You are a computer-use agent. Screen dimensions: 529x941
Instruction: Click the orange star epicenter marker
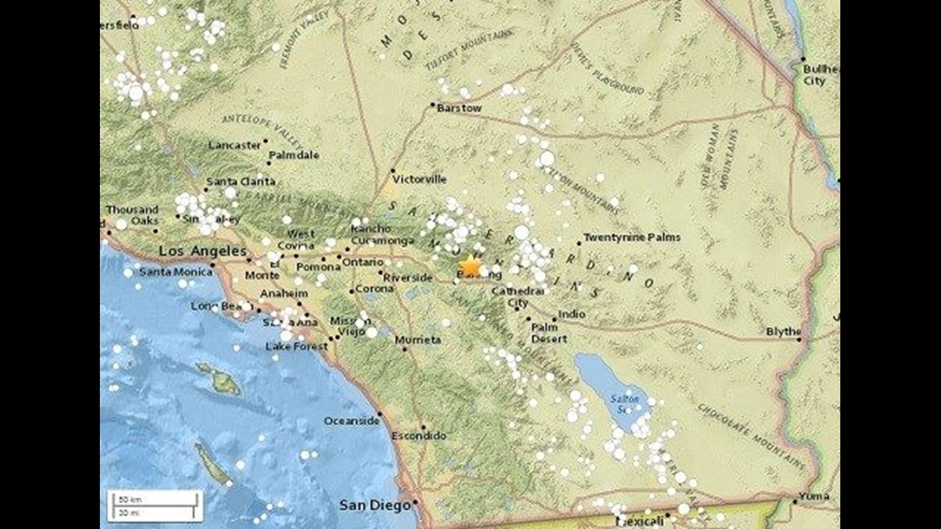point(470,266)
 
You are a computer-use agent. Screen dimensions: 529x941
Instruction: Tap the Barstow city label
point(459,108)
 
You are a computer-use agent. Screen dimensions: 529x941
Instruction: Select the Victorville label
point(419,179)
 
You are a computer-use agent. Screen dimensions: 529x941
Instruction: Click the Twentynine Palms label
point(631,238)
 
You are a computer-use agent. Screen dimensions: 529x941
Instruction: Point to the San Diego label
point(375,504)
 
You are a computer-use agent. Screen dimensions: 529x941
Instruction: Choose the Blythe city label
point(783,332)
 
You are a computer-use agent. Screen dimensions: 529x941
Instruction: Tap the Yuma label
point(813,497)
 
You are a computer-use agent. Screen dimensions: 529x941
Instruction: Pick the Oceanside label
point(351,421)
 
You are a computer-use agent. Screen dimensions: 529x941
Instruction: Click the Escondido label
point(418,436)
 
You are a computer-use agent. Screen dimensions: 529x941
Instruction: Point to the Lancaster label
point(234,145)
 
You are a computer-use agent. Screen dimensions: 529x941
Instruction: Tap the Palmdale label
point(295,155)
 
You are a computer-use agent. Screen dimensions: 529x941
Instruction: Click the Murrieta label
point(418,340)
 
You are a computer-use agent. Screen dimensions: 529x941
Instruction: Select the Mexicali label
point(641,522)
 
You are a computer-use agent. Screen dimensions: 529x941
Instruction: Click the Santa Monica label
point(171,272)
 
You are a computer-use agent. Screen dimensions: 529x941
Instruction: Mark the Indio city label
point(571,314)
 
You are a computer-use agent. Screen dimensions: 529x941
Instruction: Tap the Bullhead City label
point(820,75)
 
